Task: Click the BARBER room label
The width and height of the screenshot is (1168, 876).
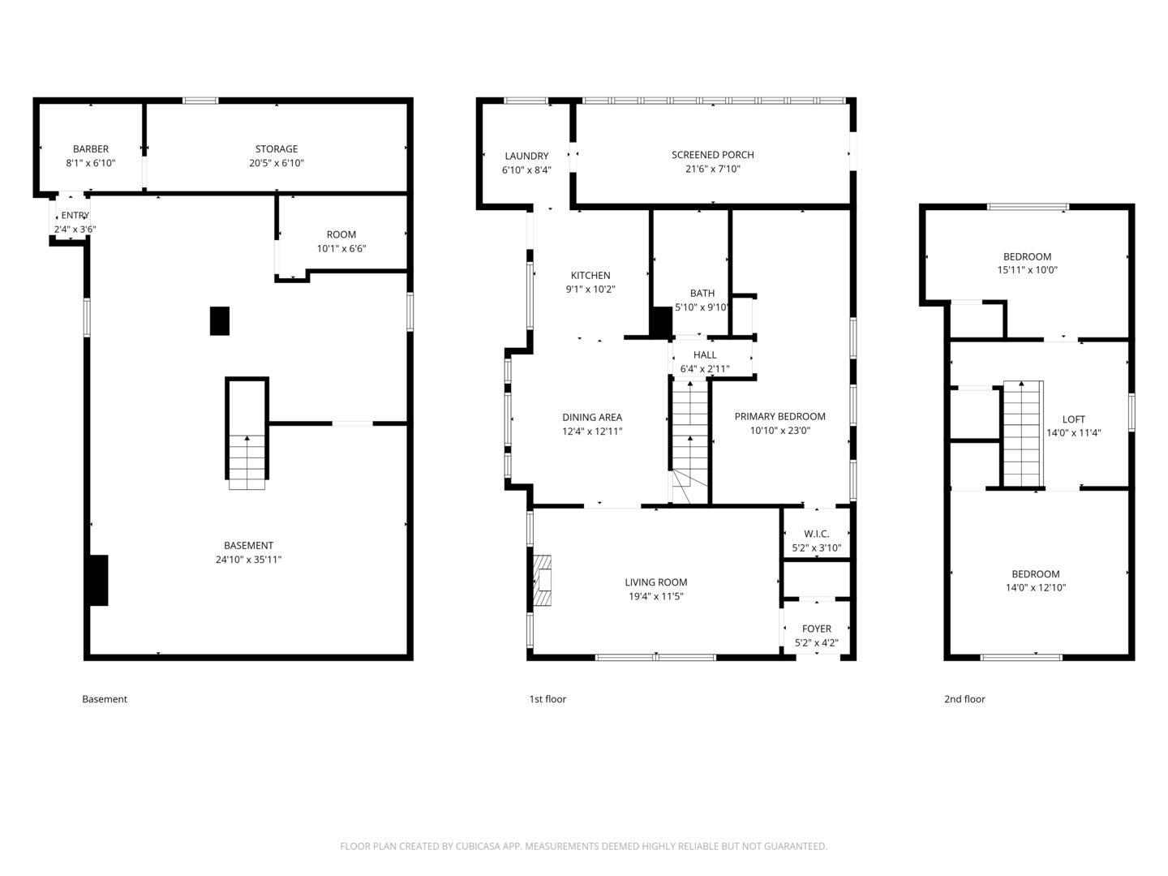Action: tap(91, 149)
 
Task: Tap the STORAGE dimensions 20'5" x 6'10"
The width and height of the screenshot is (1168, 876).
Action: tap(277, 163)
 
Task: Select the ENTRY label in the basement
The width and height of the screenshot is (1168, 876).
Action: tap(75, 216)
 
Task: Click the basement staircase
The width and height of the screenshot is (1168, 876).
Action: tap(247, 461)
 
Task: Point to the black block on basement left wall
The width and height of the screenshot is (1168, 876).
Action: tap(97, 580)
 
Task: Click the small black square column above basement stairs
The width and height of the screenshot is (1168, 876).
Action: tap(220, 320)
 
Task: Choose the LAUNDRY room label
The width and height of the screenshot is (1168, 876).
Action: tap(526, 157)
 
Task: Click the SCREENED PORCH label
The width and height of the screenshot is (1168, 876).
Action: tap(712, 155)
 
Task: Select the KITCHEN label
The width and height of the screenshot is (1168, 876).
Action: tap(590, 276)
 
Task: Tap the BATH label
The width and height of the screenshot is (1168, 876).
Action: tap(702, 294)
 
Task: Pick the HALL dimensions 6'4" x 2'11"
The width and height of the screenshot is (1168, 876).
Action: tap(705, 369)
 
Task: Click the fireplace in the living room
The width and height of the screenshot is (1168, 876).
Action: tap(542, 581)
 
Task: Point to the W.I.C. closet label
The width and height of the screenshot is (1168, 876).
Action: tap(816, 534)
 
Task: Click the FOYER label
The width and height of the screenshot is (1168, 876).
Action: tap(816, 629)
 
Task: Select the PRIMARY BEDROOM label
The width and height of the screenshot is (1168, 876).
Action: tap(779, 417)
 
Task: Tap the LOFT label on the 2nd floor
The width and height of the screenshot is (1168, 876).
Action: tap(1073, 419)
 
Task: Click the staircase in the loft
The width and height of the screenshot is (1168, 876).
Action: tap(1023, 434)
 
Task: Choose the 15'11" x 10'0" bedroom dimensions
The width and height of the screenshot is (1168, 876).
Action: tap(1027, 270)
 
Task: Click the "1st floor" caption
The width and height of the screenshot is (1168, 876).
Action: tap(547, 699)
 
